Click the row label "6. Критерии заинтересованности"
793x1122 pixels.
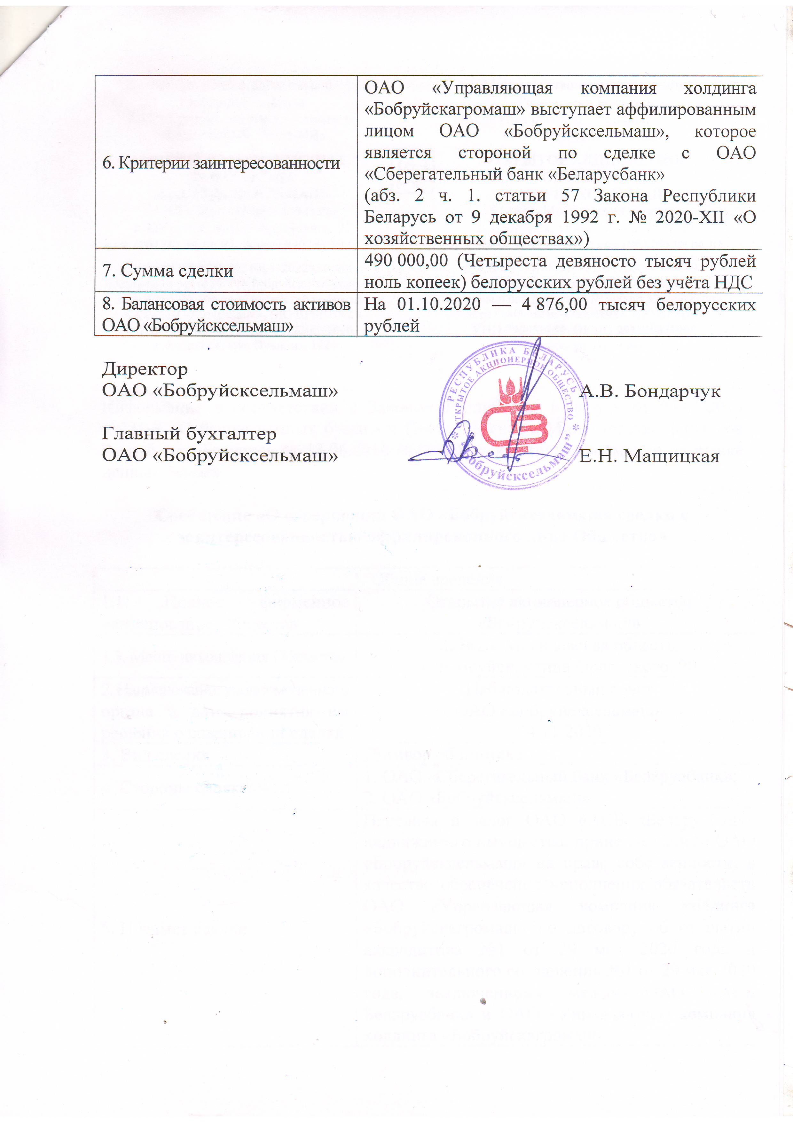[x=221, y=163]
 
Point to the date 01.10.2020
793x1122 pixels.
[x=438, y=304]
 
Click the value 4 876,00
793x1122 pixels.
[x=554, y=304]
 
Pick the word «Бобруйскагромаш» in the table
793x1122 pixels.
[x=445, y=110]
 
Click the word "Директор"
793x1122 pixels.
[x=145, y=369]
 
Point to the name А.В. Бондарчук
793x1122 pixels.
[x=650, y=391]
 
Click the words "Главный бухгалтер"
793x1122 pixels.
[x=189, y=434]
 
